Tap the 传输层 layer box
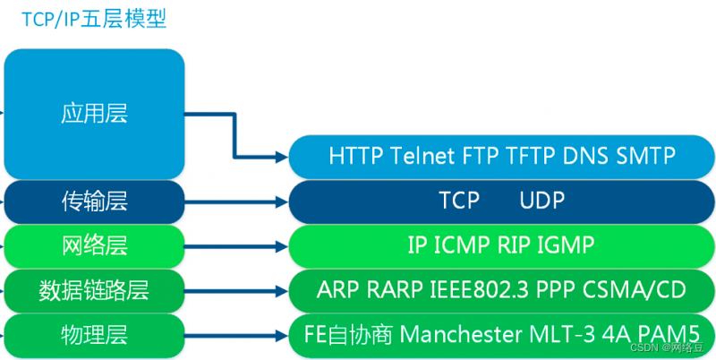click(94, 201)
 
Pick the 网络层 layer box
click(94, 244)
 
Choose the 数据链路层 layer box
click(94, 289)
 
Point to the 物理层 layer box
click(94, 335)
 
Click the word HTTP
click(357, 156)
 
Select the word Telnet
click(424, 156)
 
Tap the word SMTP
click(645, 156)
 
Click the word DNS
click(585, 156)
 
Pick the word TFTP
click(528, 156)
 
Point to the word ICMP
click(462, 244)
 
